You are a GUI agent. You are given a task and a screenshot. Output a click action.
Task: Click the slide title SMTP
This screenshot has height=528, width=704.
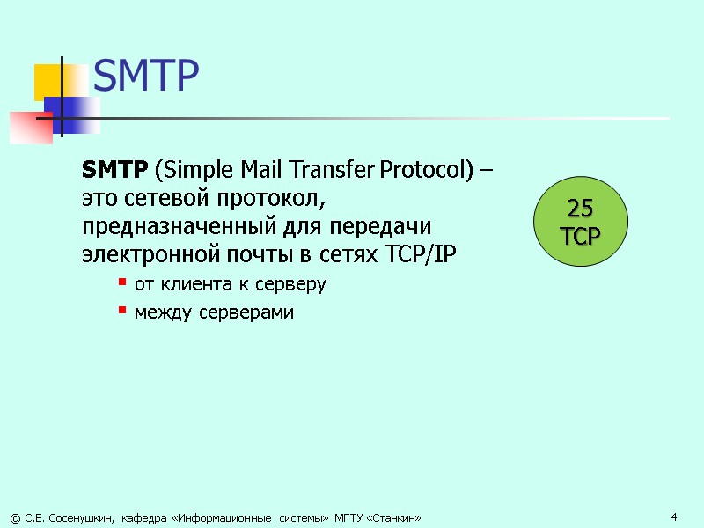point(146,77)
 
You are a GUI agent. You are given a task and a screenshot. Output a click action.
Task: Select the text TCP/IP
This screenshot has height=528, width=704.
point(422,255)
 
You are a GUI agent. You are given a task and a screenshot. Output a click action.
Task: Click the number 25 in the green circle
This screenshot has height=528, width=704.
point(580,209)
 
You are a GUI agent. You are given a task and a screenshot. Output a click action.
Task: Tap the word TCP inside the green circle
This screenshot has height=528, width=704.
point(580,235)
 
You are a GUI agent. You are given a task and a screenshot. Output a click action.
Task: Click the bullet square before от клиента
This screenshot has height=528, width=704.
point(122,284)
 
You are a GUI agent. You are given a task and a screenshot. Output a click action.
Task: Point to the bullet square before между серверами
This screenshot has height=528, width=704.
point(122,312)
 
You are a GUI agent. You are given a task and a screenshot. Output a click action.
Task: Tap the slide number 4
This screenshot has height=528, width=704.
point(673,516)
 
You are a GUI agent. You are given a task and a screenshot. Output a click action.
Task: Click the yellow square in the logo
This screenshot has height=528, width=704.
point(48,82)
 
